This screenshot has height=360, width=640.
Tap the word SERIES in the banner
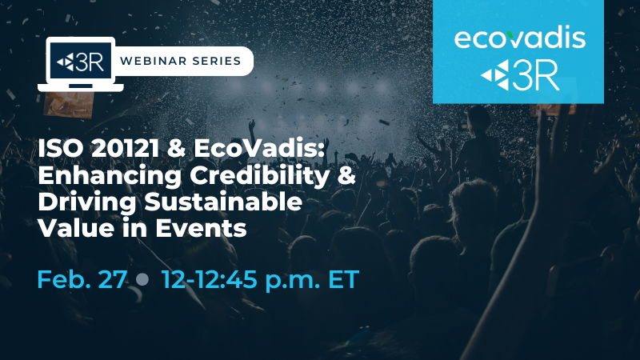coord(216,62)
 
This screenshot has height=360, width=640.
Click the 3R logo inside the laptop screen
coord(80,62)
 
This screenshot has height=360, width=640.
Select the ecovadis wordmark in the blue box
coord(520,38)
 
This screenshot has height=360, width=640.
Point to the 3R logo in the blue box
coord(519,75)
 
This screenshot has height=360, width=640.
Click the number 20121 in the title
coord(125,149)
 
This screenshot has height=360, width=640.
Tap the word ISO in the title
coord(61,149)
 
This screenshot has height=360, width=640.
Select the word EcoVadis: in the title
coord(259,149)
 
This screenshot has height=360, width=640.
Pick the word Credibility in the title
coord(259,176)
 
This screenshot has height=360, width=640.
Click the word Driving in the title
coord(87,203)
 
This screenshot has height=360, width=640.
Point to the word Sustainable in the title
coord(223,202)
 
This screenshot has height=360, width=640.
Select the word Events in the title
coord(201,229)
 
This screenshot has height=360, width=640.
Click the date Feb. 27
coord(82,279)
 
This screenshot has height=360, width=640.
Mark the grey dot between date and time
coord(142,279)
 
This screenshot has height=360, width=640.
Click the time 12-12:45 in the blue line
coord(210,279)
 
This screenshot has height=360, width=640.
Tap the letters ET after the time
coord(344,279)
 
